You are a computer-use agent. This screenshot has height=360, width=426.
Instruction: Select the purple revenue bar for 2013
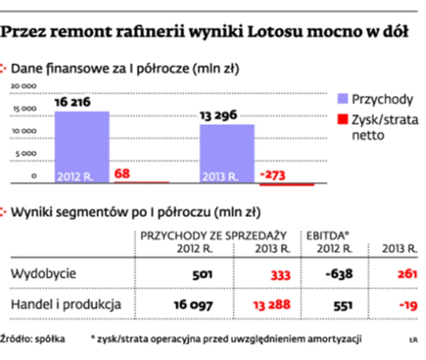[x=227, y=153]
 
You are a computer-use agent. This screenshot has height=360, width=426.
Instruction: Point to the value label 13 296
[x=218, y=115]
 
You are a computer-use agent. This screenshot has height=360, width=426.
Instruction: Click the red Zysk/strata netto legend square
[x=342, y=119]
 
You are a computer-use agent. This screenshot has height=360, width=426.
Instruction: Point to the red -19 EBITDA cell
[x=406, y=305]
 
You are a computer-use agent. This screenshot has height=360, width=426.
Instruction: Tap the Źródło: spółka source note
[x=32, y=338]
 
